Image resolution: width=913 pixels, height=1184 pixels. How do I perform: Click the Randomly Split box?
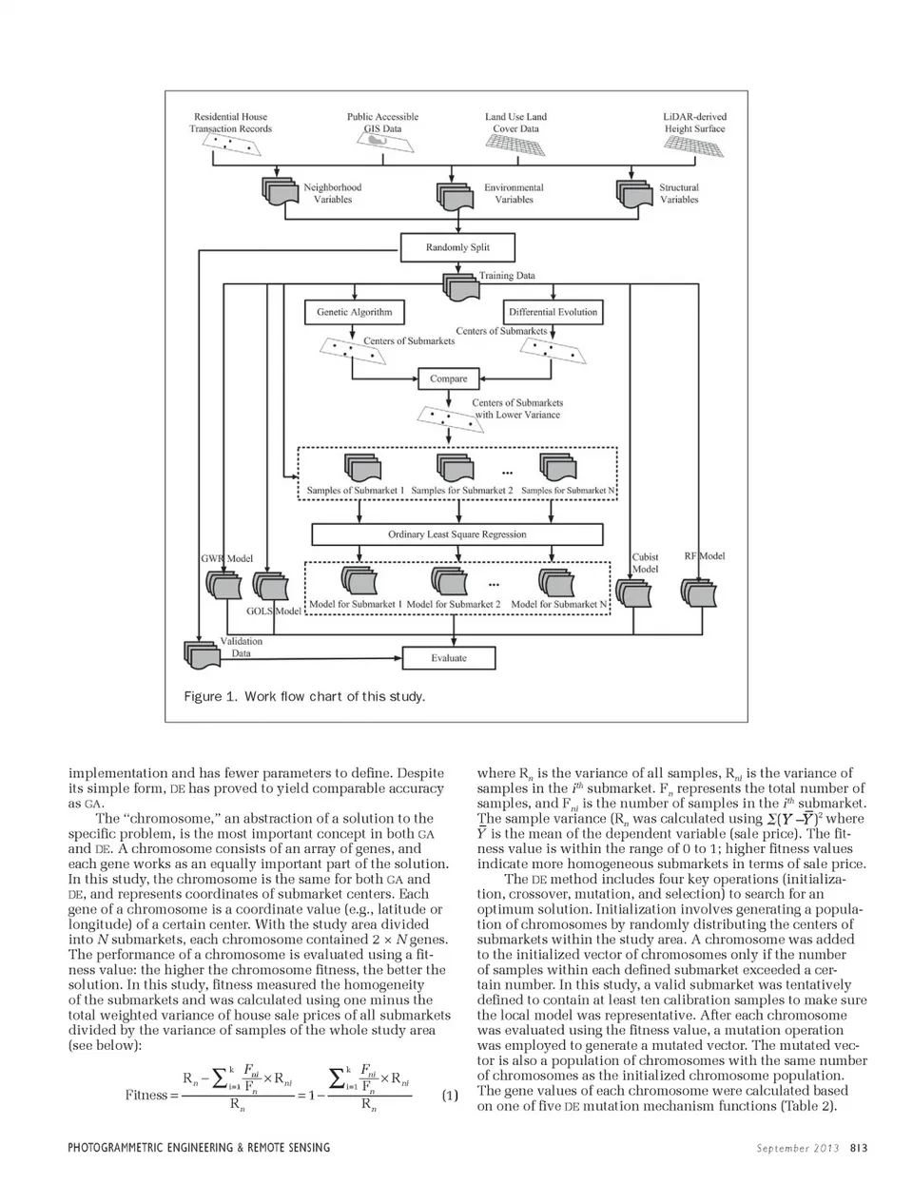[x=457, y=248]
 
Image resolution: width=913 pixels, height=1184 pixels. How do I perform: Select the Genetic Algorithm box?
[x=354, y=312]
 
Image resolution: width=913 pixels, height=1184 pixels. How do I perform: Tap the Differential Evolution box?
[x=553, y=312]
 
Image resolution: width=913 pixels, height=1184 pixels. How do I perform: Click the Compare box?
[x=448, y=378]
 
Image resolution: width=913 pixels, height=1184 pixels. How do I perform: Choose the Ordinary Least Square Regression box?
[x=456, y=534]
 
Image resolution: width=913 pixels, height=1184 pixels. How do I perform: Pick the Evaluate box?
[x=448, y=658]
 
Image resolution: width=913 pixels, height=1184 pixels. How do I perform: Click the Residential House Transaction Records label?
[x=230, y=123]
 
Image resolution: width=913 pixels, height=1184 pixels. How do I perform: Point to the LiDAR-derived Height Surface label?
[x=694, y=123]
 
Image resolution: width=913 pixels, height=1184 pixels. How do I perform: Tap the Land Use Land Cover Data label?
[x=515, y=123]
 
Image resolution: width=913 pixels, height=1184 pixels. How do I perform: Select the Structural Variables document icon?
[x=634, y=192]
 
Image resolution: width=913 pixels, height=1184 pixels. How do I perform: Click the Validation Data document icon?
[x=201, y=653]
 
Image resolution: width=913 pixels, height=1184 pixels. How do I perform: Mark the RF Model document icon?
[x=701, y=592]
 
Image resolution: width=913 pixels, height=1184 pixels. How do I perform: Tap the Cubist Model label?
[x=646, y=563]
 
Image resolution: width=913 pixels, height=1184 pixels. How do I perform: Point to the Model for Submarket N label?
[x=559, y=604]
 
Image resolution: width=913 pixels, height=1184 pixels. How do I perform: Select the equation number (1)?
[x=450, y=1096]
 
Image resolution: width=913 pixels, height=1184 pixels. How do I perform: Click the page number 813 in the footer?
[x=859, y=1148]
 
